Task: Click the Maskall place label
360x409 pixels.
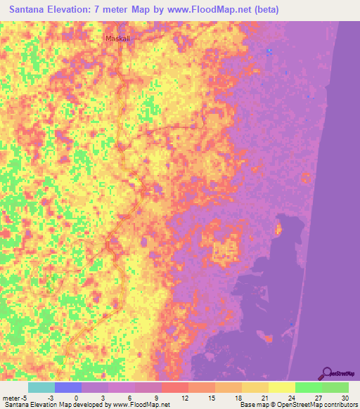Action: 117,39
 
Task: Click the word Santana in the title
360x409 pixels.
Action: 32,10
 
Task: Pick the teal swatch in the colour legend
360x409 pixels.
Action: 41,387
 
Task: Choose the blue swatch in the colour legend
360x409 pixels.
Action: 68,387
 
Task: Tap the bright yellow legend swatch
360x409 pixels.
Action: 282,387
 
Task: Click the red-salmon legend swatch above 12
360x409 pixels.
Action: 175,387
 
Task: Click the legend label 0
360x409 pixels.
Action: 77,398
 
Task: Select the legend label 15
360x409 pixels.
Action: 212,398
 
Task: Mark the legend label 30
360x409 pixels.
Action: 344,398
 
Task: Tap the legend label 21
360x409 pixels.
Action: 265,398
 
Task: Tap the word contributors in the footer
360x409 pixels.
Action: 338,405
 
